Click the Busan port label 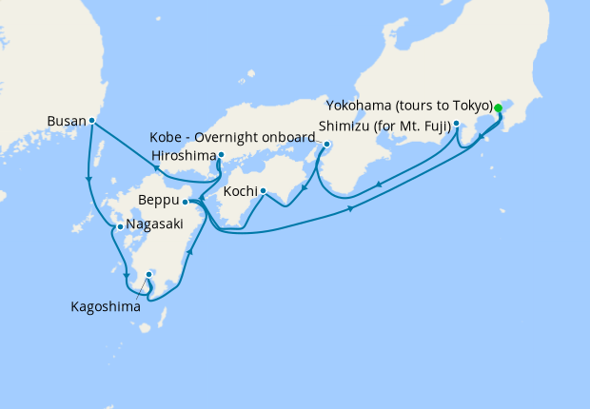[x=66, y=121]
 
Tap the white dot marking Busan [x=91, y=121]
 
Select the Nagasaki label [x=155, y=228]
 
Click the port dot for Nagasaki [x=119, y=227]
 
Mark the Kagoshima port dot [x=149, y=274]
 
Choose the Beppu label [x=158, y=202]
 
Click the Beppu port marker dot [x=186, y=202]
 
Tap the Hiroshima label [x=183, y=154]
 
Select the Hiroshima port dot [x=221, y=154]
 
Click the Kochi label [x=238, y=191]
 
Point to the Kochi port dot [x=263, y=191]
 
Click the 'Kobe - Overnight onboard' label [x=232, y=136]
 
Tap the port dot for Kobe [x=326, y=145]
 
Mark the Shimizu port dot [x=457, y=124]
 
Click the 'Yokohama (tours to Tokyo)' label [x=408, y=105]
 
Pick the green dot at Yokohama [x=499, y=107]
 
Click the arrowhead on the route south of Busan [x=88, y=178]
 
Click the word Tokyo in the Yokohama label [x=471, y=105]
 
